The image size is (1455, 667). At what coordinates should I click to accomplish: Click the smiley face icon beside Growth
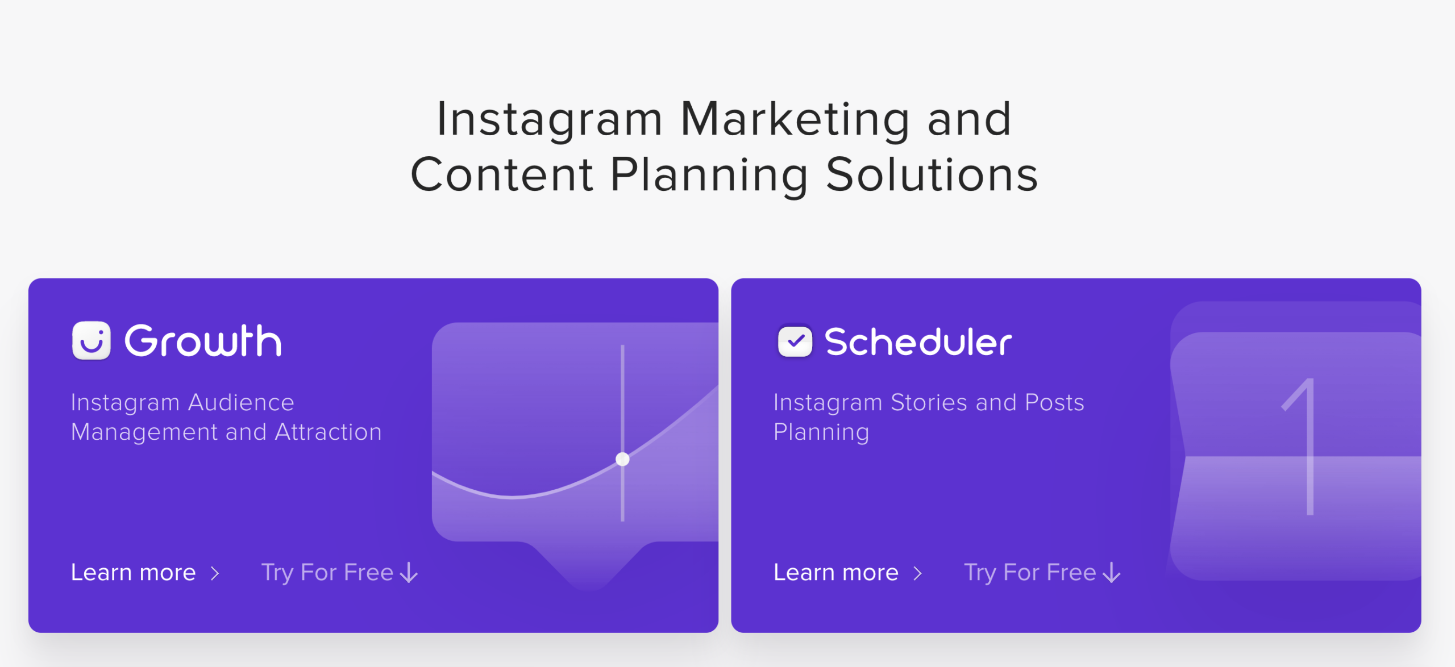91,340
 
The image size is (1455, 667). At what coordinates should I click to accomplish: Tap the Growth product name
203,341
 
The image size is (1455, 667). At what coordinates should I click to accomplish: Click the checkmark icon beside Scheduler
795,341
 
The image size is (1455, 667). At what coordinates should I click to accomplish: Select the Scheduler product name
918,341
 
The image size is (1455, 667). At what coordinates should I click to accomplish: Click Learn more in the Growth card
134,572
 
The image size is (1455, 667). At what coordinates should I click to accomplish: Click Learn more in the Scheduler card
836,572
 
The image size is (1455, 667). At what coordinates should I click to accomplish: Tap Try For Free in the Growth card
327,573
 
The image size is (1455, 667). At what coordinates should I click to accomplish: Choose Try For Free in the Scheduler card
1030,573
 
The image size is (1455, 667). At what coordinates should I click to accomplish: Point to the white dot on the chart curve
622,459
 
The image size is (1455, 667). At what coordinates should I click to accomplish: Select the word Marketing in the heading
796,119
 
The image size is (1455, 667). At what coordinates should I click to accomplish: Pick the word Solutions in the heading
932,174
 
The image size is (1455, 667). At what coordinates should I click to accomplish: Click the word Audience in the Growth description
241,402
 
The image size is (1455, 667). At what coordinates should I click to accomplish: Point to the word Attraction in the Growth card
329,432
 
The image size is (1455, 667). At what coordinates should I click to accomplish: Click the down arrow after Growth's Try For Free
409,573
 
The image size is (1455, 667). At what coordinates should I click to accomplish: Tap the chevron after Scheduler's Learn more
917,573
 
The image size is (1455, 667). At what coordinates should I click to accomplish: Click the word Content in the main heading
502,174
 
